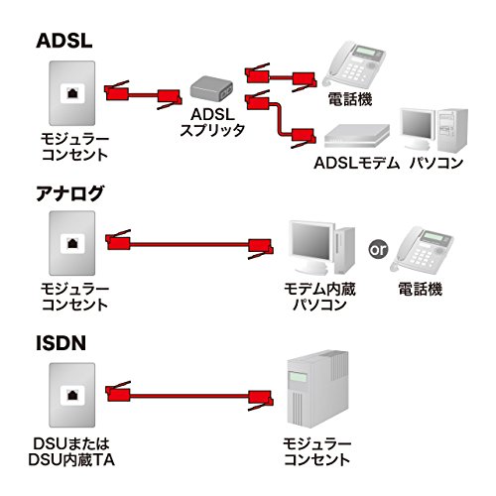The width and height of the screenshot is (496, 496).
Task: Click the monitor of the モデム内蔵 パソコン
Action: (308, 243)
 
